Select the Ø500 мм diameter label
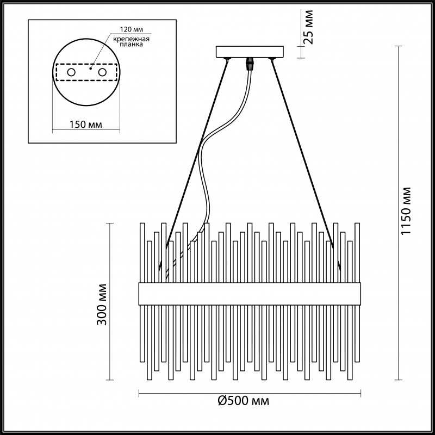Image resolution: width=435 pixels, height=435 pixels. (244, 401)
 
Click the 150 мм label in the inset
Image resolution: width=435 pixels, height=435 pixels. (86, 125)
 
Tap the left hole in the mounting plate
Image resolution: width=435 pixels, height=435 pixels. (71, 72)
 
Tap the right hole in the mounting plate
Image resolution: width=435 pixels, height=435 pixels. (102, 72)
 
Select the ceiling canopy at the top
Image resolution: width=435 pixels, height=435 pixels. (251, 52)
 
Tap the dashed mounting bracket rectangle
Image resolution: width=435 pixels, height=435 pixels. (86, 65)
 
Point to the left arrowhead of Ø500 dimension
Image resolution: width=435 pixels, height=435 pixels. (142, 393)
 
